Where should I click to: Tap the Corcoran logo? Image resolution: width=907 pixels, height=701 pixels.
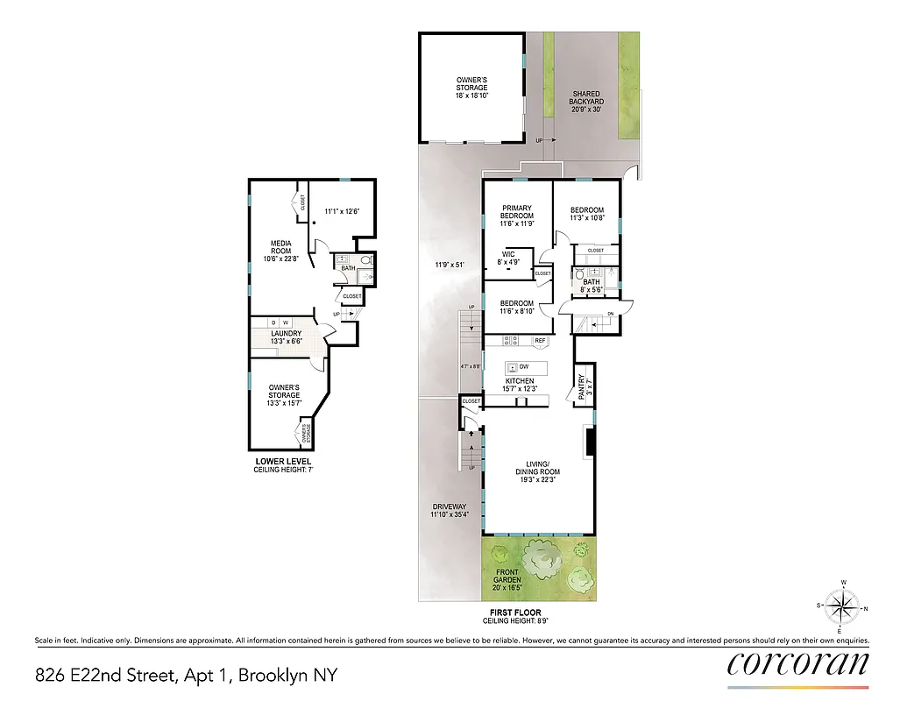pyautogui.click(x=797, y=663)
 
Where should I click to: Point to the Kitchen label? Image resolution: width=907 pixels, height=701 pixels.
pyautogui.click(x=519, y=385)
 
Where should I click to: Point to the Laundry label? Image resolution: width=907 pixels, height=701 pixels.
pyautogui.click(x=286, y=338)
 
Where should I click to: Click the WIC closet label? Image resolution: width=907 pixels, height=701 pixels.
pyautogui.click(x=507, y=258)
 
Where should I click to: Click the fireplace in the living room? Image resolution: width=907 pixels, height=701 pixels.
pyautogui.click(x=591, y=442)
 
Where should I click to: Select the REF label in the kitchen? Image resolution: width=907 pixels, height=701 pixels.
pyautogui.click(x=540, y=340)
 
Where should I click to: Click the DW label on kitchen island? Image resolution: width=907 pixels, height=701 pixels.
pyautogui.click(x=523, y=367)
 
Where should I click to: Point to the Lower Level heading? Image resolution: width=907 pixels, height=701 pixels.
pyautogui.click(x=282, y=462)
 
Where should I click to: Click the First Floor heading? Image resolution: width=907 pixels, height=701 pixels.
pyautogui.click(x=515, y=612)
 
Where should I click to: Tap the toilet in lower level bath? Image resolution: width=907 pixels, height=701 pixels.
pyautogui.click(x=365, y=260)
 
